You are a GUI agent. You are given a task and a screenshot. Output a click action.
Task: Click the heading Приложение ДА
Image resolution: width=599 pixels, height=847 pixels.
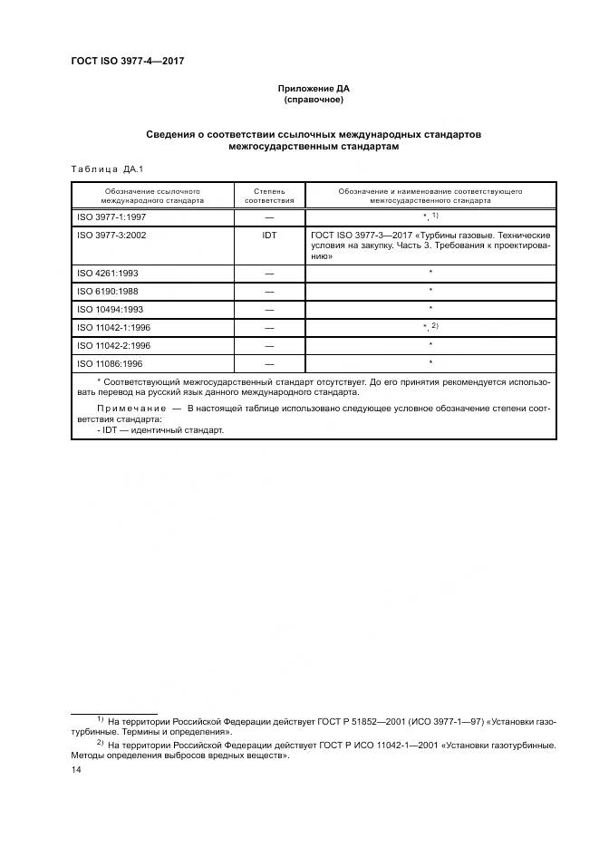click(314, 89)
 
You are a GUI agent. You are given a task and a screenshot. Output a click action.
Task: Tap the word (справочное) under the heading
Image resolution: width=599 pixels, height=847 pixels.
click(314, 100)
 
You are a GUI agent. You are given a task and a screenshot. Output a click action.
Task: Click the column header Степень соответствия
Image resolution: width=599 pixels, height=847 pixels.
click(269, 196)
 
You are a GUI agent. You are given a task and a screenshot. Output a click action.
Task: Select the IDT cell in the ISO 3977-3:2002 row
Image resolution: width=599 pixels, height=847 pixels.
click(269, 235)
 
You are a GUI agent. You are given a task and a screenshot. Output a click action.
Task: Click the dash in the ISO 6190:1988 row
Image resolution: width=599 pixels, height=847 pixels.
click(269, 291)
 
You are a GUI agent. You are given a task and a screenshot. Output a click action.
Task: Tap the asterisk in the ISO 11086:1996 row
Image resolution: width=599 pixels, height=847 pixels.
click(430, 363)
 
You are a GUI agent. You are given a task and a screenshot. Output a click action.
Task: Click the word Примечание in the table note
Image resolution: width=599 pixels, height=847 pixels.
click(132, 410)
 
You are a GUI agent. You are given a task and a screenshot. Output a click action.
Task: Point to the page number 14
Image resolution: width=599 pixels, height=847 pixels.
click(76, 769)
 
